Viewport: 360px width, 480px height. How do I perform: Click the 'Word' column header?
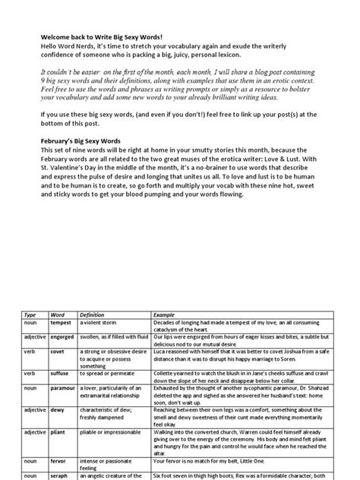click(x=59, y=314)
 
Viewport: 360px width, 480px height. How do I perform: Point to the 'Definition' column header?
click(x=95, y=314)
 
